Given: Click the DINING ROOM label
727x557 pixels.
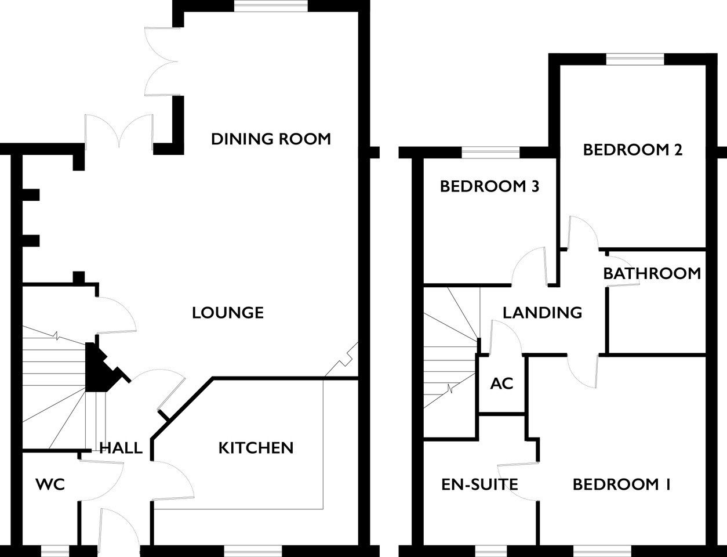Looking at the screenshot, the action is (271, 139).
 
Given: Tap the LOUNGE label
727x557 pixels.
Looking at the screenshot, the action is (228, 313).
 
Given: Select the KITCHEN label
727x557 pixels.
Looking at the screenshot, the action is (256, 448).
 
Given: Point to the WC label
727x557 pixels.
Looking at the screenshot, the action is (50, 484).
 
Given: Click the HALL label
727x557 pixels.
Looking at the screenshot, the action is (121, 448).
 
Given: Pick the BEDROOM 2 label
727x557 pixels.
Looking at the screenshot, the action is (633, 150).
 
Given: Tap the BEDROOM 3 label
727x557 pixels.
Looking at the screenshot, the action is (490, 186).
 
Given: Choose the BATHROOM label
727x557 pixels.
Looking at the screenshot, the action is (652, 273).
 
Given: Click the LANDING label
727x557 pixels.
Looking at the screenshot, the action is (542, 313).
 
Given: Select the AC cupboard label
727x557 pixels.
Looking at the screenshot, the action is (502, 384).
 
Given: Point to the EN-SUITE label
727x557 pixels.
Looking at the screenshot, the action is (480, 484).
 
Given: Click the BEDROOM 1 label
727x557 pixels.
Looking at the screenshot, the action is (621, 484).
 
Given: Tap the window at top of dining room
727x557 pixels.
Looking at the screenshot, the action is (271, 6).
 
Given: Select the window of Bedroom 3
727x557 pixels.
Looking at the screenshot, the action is (491, 153).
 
